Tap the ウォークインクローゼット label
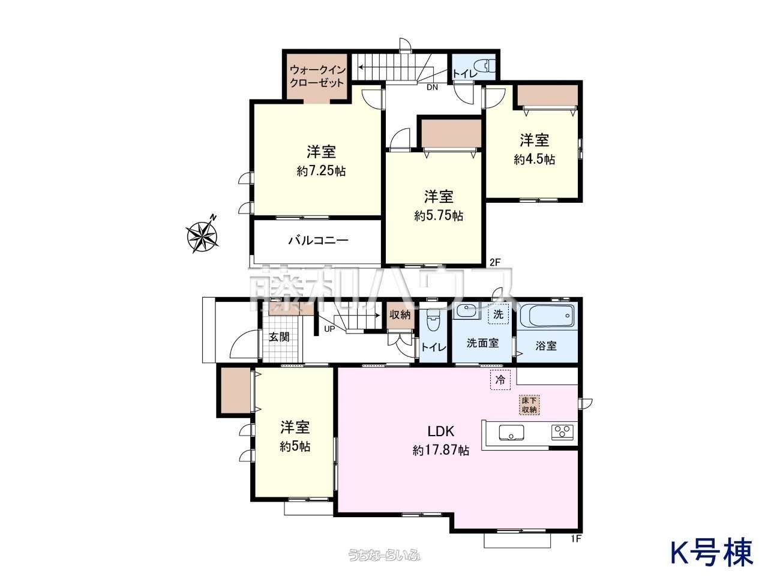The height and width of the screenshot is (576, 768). coord(317,76)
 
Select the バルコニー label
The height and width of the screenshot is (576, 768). coord(318,241)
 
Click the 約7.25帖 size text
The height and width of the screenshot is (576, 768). coord(321,171)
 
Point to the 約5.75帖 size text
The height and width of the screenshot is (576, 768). coord(439,215)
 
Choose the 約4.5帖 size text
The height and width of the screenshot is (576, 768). coord(534,160)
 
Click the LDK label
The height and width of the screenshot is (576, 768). coord(441,431)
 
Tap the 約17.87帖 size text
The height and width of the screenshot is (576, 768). coord(441,450)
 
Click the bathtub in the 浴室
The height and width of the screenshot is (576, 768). coord(547,315)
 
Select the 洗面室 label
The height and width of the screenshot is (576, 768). coord(482,343)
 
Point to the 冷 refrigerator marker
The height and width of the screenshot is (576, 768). coord(500,380)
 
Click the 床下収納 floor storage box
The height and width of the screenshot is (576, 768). coord(529,405)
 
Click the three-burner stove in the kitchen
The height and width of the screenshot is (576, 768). coord(562,431)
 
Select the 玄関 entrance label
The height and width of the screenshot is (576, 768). coord(279,337)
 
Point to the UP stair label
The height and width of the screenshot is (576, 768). coord(329,329)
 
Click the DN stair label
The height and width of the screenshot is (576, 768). coord(433,88)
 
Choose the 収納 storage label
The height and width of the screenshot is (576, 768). coord(400,315)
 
